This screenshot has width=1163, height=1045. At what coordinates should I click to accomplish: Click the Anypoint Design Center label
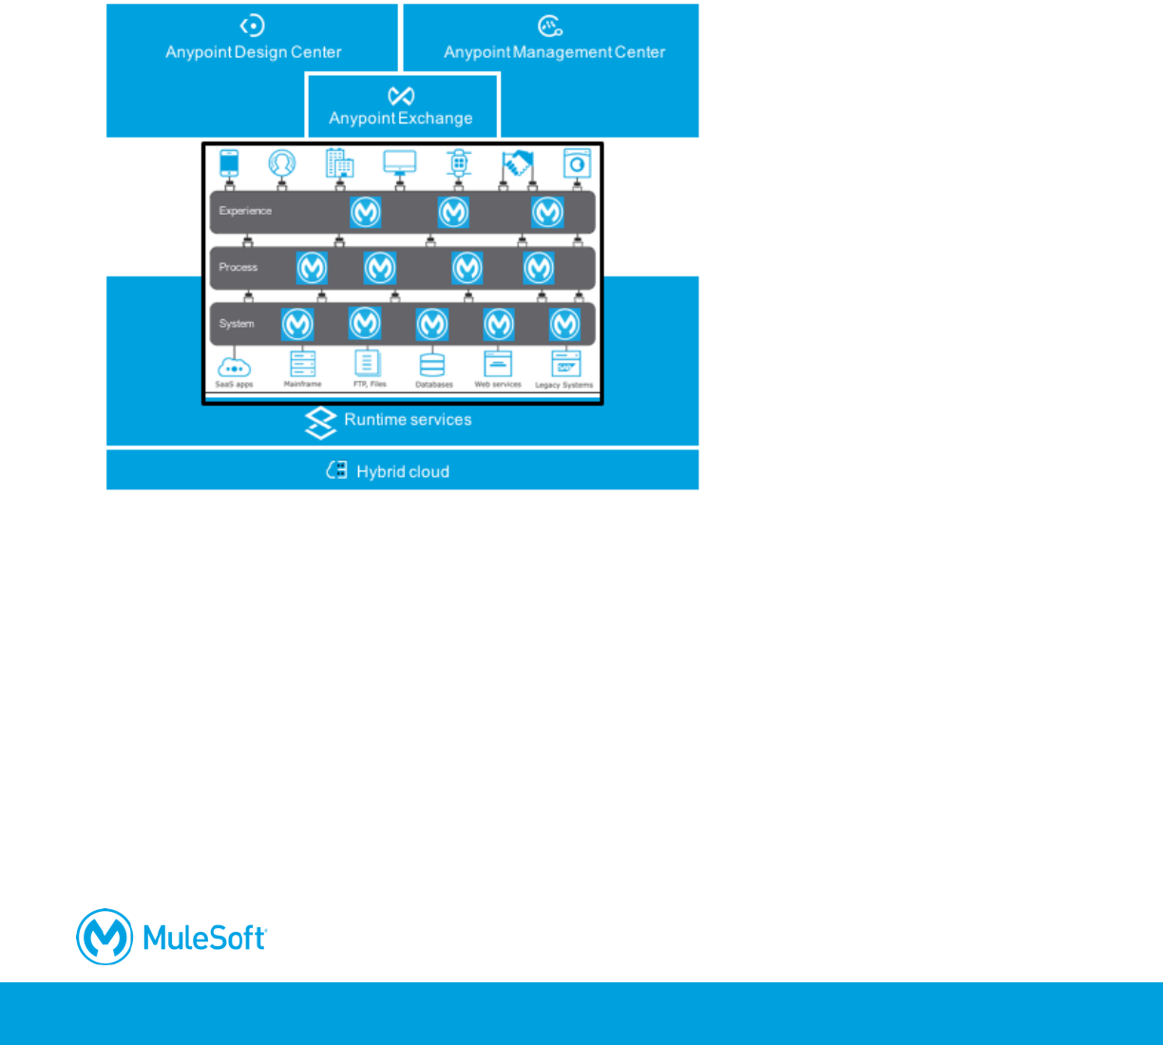pos(253,52)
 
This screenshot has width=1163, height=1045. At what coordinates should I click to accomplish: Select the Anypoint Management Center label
pos(554,52)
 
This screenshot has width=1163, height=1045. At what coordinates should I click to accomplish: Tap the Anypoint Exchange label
pos(400,119)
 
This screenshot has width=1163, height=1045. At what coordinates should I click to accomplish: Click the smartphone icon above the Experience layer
pos(229,162)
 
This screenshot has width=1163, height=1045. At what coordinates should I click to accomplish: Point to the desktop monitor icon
pos(399,162)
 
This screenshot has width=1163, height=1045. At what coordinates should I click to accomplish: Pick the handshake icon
pos(517,163)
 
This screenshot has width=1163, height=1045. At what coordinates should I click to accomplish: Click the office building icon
pos(339,162)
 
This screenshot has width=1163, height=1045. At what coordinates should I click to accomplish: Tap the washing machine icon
pos(577,163)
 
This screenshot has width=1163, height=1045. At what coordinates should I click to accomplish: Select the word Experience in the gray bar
pos(245,211)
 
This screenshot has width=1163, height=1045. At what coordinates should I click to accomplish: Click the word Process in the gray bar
pos(238,267)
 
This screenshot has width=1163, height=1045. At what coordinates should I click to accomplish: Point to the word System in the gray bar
pos(237,324)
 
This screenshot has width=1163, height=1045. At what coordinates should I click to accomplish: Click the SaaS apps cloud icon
pos(234,366)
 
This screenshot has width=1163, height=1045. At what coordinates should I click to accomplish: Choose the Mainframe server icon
pos(302,364)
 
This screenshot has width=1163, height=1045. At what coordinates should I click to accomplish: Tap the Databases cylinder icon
pos(432,364)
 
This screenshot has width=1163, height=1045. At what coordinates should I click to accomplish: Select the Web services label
pos(498,385)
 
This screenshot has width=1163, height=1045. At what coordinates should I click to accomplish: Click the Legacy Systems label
pos(564,386)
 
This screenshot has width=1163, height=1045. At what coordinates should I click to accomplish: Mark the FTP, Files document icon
pos(367,364)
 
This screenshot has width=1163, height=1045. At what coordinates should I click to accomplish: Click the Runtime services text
pos(408,420)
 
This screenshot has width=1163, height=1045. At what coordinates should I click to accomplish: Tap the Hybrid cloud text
pos(403,472)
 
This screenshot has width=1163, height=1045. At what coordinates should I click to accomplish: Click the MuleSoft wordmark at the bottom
pos(204,938)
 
